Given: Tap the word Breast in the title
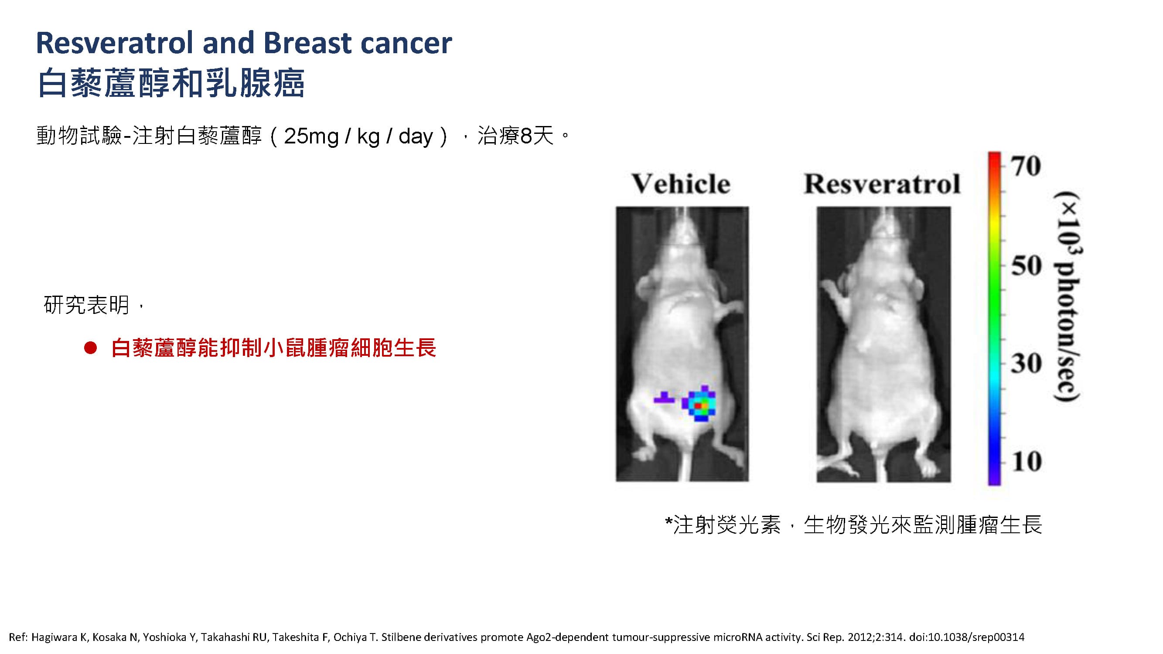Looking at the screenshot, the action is tap(307, 43).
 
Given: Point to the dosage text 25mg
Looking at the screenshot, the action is tap(311, 136).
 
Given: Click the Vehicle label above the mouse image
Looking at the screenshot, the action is tap(680, 184).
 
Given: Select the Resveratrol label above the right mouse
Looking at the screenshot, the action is tap(882, 184).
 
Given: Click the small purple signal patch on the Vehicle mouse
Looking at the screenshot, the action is tap(664, 398).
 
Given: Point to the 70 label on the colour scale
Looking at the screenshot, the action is tap(1026, 166).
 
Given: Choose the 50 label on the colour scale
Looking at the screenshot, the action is tap(1026, 266).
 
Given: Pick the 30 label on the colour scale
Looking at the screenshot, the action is tap(1026, 363).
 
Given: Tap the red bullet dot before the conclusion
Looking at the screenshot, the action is tap(90, 348).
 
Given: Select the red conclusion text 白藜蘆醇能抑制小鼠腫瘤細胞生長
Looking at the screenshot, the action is tap(273, 348).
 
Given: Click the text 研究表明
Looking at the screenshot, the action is tap(87, 305).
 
